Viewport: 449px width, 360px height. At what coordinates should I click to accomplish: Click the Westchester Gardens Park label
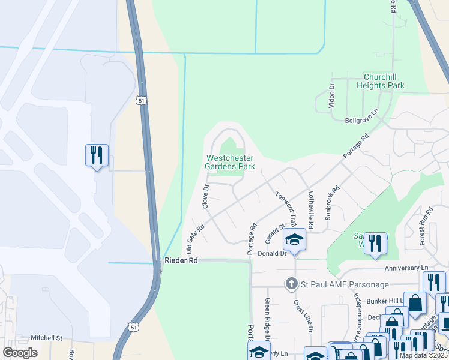click(x=230, y=162)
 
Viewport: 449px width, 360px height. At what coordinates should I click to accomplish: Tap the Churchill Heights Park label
click(x=384, y=81)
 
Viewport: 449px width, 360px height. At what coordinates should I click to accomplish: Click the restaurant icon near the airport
click(x=97, y=155)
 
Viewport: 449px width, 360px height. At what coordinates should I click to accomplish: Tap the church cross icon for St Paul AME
click(x=292, y=283)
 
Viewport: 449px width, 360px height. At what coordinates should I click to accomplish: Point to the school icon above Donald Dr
click(x=295, y=239)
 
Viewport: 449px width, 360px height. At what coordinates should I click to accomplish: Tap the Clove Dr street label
click(x=205, y=196)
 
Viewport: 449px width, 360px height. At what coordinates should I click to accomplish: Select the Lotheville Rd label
click(x=310, y=209)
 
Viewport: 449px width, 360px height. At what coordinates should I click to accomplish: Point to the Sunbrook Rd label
click(x=332, y=202)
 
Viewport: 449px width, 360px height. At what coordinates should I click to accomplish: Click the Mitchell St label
click(x=47, y=338)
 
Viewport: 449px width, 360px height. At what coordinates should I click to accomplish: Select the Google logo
click(x=20, y=353)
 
